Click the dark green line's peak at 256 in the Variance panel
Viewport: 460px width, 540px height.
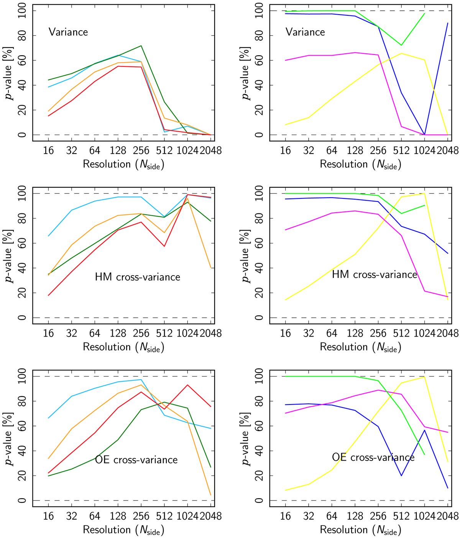tap(141, 46)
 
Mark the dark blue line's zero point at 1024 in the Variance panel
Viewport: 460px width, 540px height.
tap(424, 134)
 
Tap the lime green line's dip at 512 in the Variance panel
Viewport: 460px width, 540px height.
tap(401, 45)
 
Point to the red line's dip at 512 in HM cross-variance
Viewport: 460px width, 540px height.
tap(164, 246)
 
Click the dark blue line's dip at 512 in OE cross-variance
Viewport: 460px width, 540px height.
tap(401, 476)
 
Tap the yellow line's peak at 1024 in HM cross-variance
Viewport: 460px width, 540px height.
tap(424, 193)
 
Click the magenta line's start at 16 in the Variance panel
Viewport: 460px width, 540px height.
tap(285, 60)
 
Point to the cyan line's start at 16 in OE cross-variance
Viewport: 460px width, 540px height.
tap(48, 418)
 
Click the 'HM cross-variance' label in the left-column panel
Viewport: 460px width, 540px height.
tap(138, 277)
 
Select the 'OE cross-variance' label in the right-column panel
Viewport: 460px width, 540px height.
tap(373, 457)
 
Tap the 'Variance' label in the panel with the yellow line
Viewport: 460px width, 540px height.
tap(305, 32)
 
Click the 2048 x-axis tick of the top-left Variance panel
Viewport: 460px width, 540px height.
tap(211, 150)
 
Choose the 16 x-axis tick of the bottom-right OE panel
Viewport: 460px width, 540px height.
tap(285, 516)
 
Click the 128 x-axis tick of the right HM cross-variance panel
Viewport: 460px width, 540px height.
tap(355, 333)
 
